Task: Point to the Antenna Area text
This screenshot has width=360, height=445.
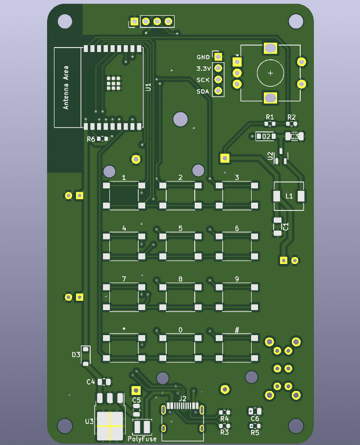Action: (66, 87)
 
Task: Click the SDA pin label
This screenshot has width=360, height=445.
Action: (203, 92)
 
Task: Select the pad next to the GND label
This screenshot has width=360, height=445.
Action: (218, 57)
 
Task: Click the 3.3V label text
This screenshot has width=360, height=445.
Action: (203, 69)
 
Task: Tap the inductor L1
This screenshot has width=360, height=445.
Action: (288, 196)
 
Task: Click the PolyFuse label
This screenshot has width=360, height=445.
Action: (142, 439)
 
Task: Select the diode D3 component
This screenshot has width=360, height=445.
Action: (86, 355)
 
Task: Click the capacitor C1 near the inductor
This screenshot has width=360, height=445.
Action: (278, 226)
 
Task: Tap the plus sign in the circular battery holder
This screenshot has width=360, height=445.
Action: (270, 73)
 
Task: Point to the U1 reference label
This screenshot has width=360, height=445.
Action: (149, 87)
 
